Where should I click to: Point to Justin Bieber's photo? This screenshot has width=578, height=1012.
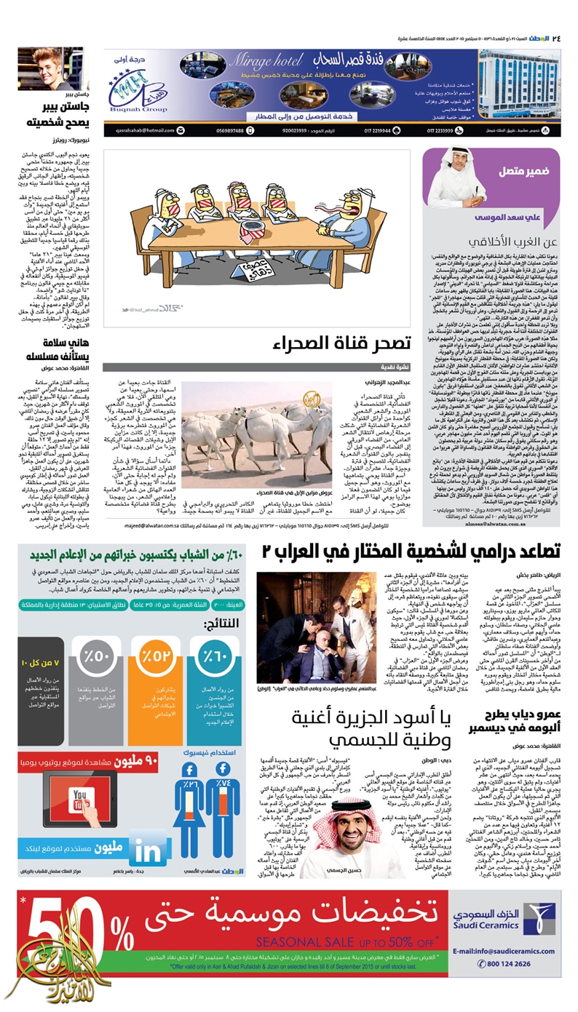(51, 69)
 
